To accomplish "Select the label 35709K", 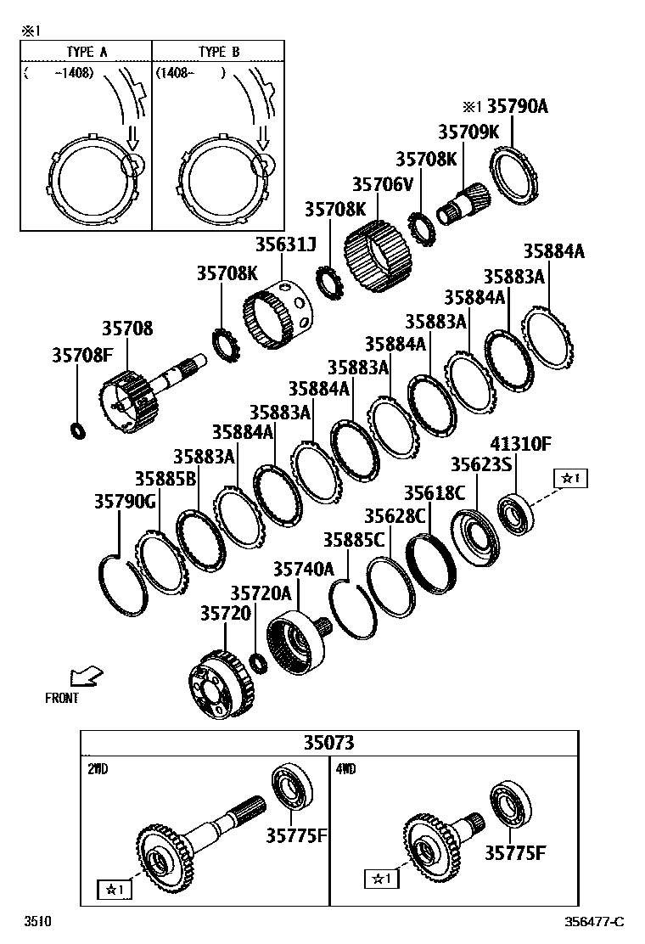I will (x=468, y=132).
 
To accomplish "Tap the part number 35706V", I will (x=382, y=184).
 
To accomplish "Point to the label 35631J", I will (x=285, y=245).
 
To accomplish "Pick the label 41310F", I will (x=520, y=443).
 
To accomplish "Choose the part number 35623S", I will (x=480, y=465).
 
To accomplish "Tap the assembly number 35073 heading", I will (x=329, y=743).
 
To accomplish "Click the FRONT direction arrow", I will (x=86, y=677).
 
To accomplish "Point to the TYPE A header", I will (x=87, y=52).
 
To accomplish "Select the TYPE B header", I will (x=218, y=52).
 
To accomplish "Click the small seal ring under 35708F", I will (x=78, y=430).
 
